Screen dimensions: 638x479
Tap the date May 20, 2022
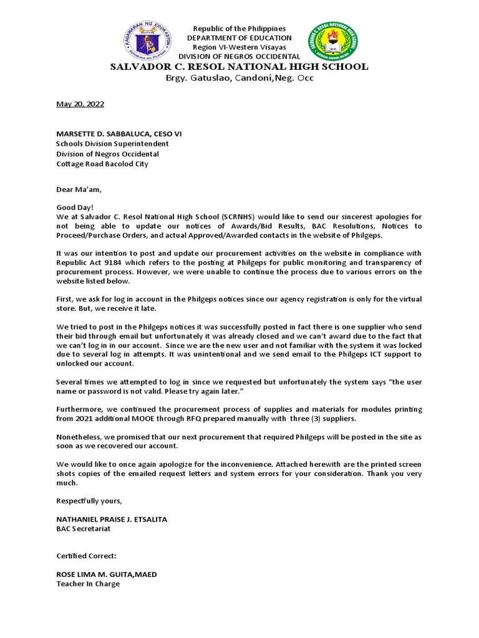(80, 104)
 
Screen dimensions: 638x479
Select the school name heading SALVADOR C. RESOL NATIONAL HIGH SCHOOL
(239, 67)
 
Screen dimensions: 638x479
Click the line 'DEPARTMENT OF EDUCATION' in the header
(239, 38)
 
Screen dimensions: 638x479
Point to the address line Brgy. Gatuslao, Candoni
(239, 78)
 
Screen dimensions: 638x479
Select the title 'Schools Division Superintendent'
(113, 144)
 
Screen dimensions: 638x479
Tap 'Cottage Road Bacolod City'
(102, 164)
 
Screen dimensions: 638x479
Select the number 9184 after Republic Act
(115, 262)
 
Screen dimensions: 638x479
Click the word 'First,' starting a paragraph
(66, 300)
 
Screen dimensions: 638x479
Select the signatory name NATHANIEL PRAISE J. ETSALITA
(112, 519)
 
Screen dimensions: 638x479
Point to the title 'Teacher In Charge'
(88, 584)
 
